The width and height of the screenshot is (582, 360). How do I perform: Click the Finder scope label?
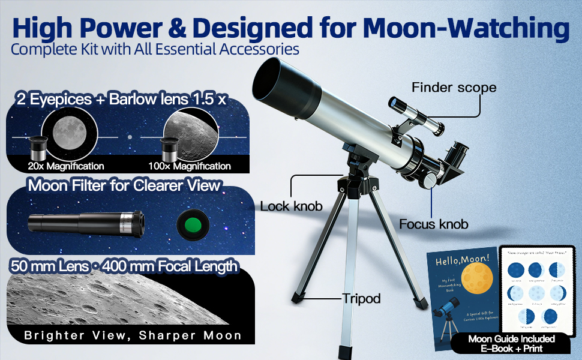pyautogui.click(x=454, y=88)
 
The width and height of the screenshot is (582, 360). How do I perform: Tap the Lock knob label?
pyautogui.click(x=292, y=206)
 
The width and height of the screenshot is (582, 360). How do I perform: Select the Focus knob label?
pyautogui.click(x=434, y=224)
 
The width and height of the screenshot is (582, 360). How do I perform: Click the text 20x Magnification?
pyautogui.click(x=66, y=166)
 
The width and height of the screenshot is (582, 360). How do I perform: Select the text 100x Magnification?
pyautogui.click(x=190, y=166)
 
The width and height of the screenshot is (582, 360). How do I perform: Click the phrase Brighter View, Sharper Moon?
pyautogui.click(x=133, y=335)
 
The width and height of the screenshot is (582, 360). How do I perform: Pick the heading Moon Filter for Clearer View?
pyautogui.click(x=124, y=186)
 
